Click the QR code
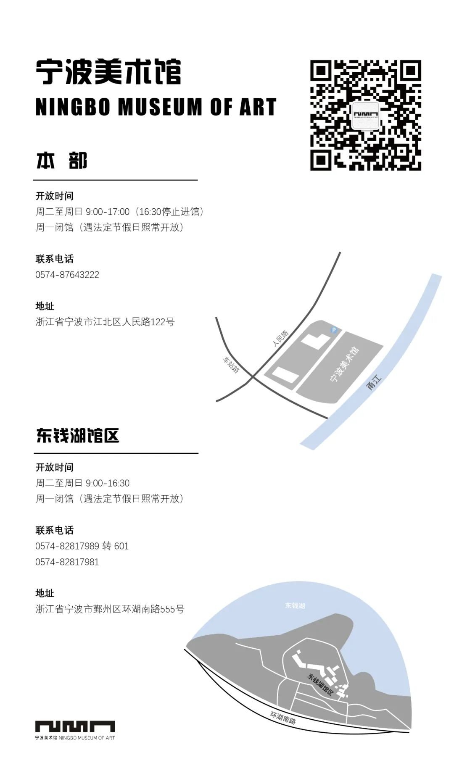click(x=366, y=115)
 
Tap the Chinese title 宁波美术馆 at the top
click(x=108, y=72)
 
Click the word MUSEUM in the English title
click(x=160, y=107)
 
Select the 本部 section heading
click(x=62, y=161)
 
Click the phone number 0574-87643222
click(x=67, y=275)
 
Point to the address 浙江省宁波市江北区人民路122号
click(x=105, y=322)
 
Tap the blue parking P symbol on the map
click(x=334, y=330)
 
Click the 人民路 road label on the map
click(x=281, y=339)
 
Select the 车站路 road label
click(x=231, y=365)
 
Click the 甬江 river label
click(x=374, y=383)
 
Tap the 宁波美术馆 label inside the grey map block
click(x=345, y=364)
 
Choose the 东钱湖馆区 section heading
click(x=78, y=435)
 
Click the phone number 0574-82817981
click(x=67, y=562)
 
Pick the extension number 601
click(x=121, y=546)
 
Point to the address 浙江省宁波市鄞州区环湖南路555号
click(x=110, y=609)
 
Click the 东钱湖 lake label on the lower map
click(x=295, y=605)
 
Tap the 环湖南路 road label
click(x=283, y=718)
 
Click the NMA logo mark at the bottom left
click(x=75, y=726)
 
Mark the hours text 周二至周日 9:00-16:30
click(x=82, y=483)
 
